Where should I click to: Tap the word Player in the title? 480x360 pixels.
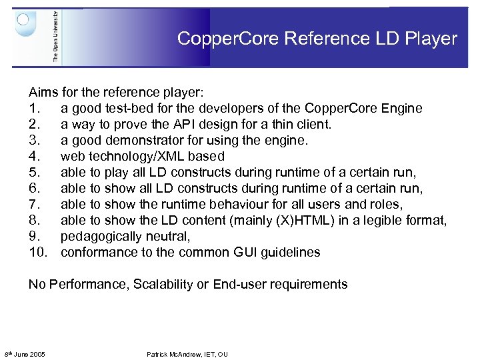click(433, 39)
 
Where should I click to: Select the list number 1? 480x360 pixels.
click(34, 108)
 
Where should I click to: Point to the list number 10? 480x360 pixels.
click(39, 252)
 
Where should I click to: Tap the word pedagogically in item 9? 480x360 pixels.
click(101, 236)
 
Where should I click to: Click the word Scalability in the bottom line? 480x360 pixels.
click(163, 284)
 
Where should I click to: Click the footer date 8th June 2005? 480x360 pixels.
click(25, 354)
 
